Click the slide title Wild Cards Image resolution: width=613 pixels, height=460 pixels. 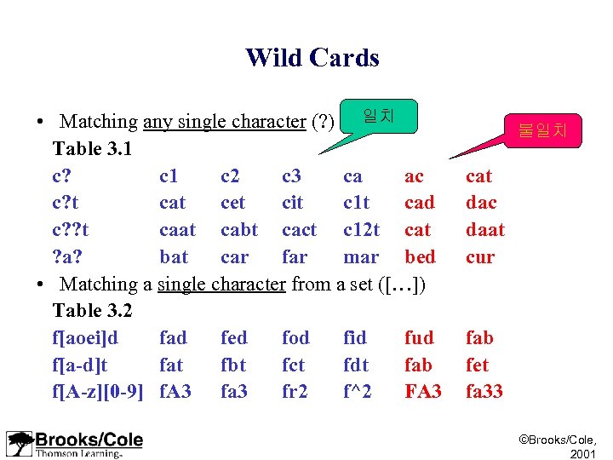[x=312, y=58]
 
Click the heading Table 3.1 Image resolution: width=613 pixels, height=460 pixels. [x=92, y=149]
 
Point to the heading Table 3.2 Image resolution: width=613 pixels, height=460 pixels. [x=92, y=311]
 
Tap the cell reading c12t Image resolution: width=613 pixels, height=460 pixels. [x=361, y=230]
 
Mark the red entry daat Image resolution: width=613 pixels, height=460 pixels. [x=484, y=230]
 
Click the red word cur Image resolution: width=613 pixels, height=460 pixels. [x=479, y=257]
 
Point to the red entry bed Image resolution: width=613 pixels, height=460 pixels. [x=420, y=257]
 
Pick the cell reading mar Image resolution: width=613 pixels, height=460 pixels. [x=360, y=257]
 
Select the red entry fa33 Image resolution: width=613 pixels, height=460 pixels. [x=484, y=392]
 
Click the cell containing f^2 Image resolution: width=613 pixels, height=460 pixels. [x=357, y=392]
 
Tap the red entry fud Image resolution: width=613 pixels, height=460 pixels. [x=419, y=338]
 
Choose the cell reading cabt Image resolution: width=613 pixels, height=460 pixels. [x=238, y=230]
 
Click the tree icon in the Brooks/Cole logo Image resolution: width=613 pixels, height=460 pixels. [x=20, y=444]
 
